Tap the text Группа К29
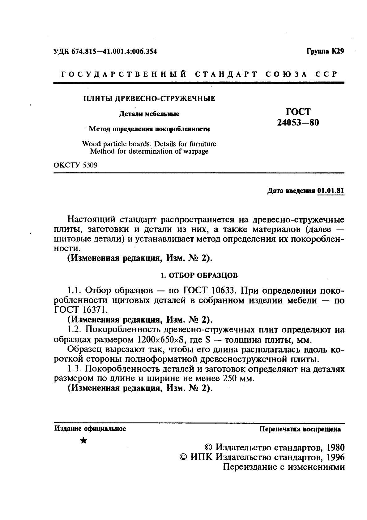(x=325, y=51)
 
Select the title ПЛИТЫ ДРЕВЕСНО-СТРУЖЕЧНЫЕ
(x=150, y=99)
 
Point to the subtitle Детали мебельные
(x=149, y=114)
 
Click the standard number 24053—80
(x=298, y=123)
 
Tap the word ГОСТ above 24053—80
(x=298, y=111)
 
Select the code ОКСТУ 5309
(x=76, y=165)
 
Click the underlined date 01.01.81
(x=331, y=190)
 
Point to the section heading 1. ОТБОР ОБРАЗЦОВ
(x=199, y=275)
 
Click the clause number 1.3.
(x=75, y=369)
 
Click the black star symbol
(x=83, y=440)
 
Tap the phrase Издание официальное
(x=90, y=429)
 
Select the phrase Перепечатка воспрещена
(x=300, y=429)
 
